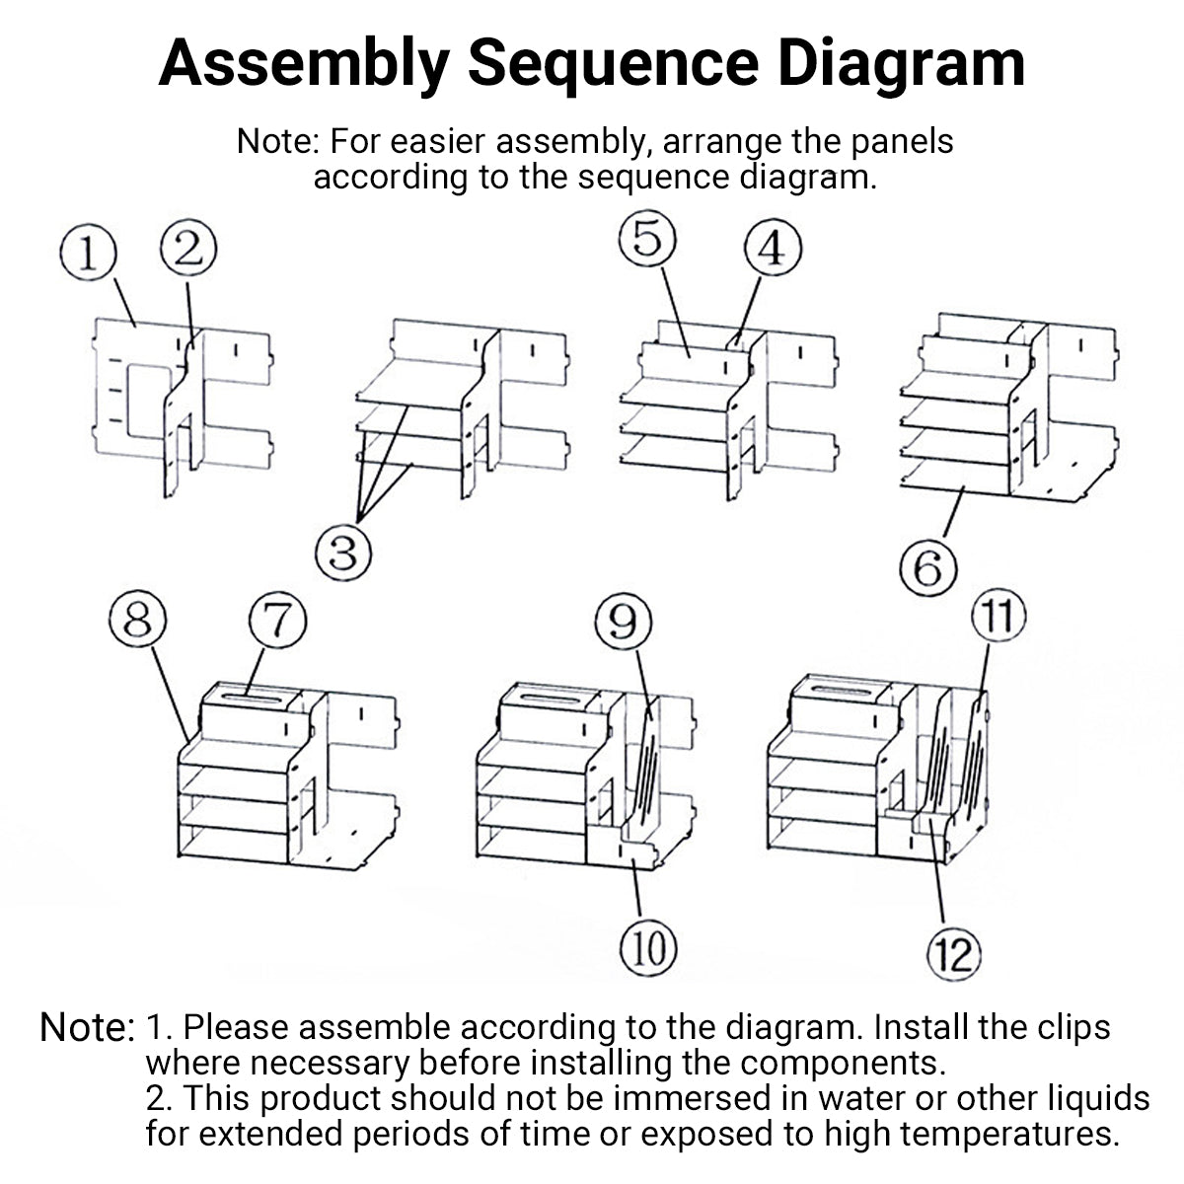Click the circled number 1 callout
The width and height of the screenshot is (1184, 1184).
[88, 254]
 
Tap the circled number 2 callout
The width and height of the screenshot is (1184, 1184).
[187, 248]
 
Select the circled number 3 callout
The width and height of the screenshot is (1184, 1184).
[342, 553]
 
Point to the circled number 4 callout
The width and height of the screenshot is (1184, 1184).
[773, 250]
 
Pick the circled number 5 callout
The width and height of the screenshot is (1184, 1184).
[648, 240]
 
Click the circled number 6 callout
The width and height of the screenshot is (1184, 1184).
[929, 570]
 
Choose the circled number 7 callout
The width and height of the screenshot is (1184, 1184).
[277, 625]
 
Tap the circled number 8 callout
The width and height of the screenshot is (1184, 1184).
[138, 622]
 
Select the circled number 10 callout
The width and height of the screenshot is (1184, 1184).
[648, 950]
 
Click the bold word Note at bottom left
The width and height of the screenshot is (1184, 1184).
[86, 1028]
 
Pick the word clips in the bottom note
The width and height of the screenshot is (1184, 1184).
[1070, 1027]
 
